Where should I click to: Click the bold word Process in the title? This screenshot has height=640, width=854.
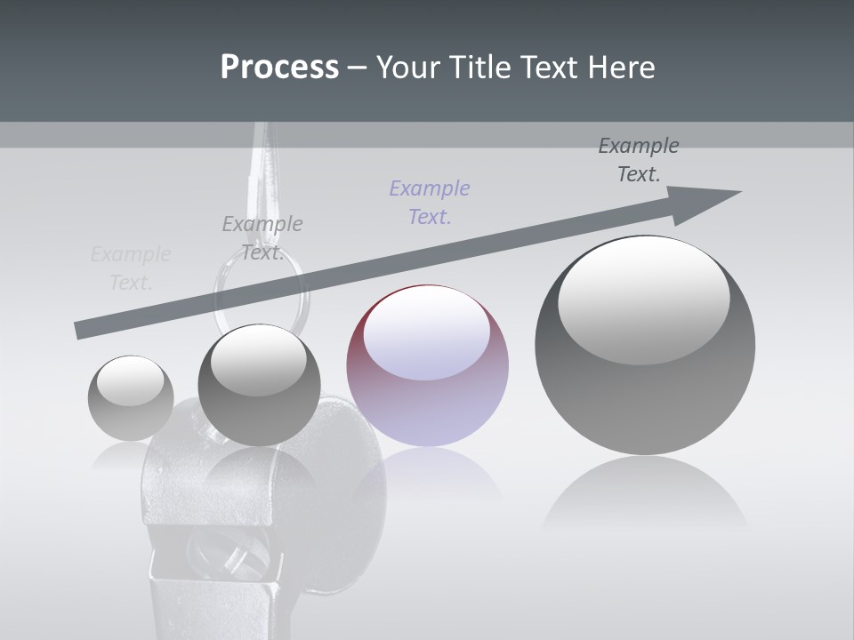pyautogui.click(x=279, y=67)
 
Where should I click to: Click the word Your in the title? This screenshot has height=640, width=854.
pyautogui.click(x=407, y=67)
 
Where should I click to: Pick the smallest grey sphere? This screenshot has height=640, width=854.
pyautogui.click(x=131, y=397)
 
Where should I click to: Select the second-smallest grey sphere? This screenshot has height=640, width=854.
pyautogui.click(x=259, y=385)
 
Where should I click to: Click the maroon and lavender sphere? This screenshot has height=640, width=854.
pyautogui.click(x=427, y=365)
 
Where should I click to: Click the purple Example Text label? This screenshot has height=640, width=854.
pyautogui.click(x=430, y=202)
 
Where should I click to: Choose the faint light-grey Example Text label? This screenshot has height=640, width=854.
pyautogui.click(x=131, y=268)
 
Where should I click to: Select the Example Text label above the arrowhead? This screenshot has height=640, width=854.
pyautogui.click(x=639, y=160)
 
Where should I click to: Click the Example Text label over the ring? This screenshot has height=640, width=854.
pyautogui.click(x=262, y=237)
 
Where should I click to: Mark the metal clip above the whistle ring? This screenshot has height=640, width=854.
pyautogui.click(x=262, y=169)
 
